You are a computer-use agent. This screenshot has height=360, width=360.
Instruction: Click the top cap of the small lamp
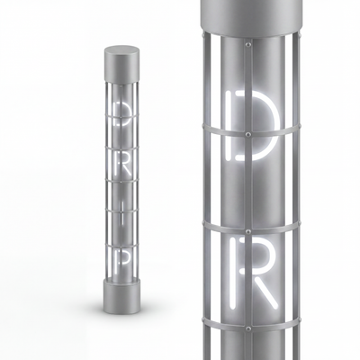point(122,64)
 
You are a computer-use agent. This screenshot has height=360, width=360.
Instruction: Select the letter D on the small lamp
point(121,113)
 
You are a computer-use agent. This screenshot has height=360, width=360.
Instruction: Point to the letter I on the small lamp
point(122,213)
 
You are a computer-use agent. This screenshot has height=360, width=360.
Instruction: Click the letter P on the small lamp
point(122,260)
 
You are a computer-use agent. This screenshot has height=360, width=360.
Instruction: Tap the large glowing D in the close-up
point(251,125)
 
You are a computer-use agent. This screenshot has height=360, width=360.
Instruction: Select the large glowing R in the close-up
point(254,273)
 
